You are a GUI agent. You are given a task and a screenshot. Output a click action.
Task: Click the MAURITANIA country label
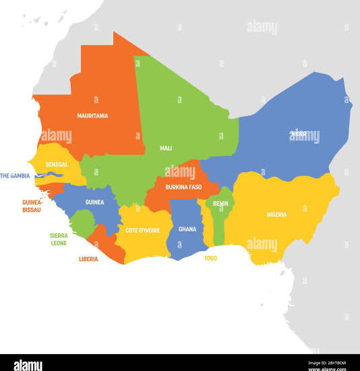(x=92, y=116)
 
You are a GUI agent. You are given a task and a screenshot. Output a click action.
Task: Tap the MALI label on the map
(x=166, y=148)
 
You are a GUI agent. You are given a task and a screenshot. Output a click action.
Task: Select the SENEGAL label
(x=57, y=164)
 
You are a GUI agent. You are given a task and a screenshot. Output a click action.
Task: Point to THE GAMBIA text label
(x=15, y=176)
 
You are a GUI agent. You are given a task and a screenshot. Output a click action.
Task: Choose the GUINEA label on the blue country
(x=94, y=202)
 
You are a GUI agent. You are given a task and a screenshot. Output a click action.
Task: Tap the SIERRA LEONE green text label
(x=58, y=239)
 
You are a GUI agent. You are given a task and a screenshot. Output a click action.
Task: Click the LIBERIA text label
(x=88, y=259)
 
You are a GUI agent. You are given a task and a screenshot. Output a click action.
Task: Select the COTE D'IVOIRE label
(x=142, y=230)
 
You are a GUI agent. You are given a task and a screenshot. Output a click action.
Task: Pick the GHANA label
(x=187, y=229)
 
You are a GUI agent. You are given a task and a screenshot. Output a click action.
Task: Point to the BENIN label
(x=220, y=204)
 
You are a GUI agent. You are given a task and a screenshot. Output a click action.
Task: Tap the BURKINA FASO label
(x=183, y=187)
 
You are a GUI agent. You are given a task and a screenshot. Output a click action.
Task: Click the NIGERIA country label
(x=276, y=215)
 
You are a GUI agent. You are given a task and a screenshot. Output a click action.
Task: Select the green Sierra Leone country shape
(x=82, y=222)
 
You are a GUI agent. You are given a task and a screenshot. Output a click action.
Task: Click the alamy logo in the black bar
(x=23, y=364)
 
